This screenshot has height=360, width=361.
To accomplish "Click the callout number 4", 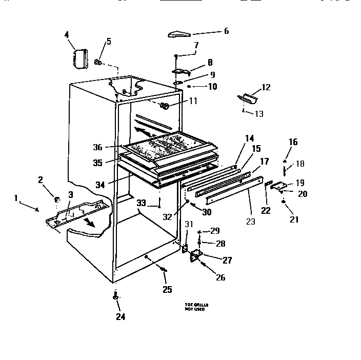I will pyautogui.click(x=67, y=35).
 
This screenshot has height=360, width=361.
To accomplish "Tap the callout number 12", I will pyautogui.click(x=266, y=87).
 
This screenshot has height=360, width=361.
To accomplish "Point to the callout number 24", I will pyautogui.click(x=120, y=316).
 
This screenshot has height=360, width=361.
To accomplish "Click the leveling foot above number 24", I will pyautogui.click(x=116, y=297).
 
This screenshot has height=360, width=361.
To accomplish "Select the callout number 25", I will pyautogui.click(x=167, y=290).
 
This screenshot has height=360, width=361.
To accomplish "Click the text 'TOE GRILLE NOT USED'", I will pyautogui.click(x=196, y=308).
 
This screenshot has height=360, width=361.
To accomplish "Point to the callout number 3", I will pyautogui.click(x=71, y=194).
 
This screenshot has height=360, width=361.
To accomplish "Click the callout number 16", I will pyautogui.click(x=293, y=142).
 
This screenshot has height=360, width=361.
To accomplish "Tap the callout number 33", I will pyautogui.click(x=142, y=203).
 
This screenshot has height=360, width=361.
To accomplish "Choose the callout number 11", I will pyautogui.click(x=193, y=101).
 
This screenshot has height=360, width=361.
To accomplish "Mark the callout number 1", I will pyautogui.click(x=16, y=198).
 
